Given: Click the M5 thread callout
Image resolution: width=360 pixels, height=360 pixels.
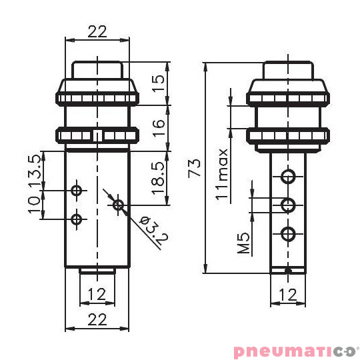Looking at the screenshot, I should pos(243,243).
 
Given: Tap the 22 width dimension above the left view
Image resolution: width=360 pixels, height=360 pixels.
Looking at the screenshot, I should pos(97,31).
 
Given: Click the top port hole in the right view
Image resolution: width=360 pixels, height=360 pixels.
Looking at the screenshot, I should pos(288,176).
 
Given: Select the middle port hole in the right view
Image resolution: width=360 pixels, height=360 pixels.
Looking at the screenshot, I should pos(288,205).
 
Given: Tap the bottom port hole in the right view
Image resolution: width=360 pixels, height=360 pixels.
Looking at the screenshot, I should pos(288,234).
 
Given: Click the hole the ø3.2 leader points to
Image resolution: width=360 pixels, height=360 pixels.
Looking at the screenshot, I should pos(119,205).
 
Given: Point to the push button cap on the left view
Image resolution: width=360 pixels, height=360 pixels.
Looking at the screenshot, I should pos(97,70).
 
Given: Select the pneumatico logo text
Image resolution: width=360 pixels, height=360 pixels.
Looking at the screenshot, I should pos(295,350).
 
